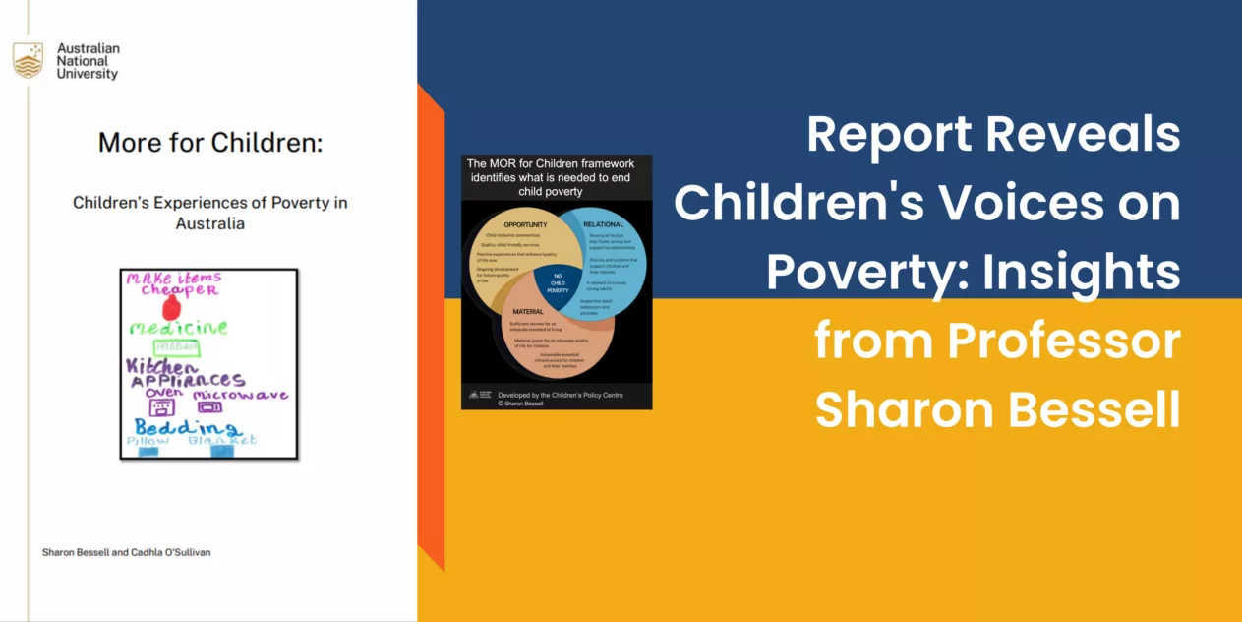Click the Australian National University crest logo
coord(28,60)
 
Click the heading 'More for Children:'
coord(210,142)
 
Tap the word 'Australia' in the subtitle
coord(209,223)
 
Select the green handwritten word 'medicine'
coord(178,327)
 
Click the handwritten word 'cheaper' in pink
coord(178,291)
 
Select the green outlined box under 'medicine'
coord(175,347)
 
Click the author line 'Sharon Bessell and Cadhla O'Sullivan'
coord(126,552)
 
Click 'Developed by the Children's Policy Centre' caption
coord(561,395)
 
